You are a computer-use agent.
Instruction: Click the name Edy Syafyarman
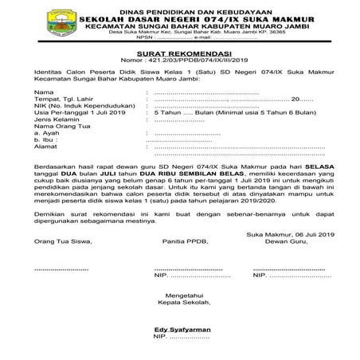(x=179, y=329)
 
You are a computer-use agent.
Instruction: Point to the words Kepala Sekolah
(x=179, y=302)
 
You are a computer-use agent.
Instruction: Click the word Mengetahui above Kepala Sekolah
(x=179, y=294)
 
